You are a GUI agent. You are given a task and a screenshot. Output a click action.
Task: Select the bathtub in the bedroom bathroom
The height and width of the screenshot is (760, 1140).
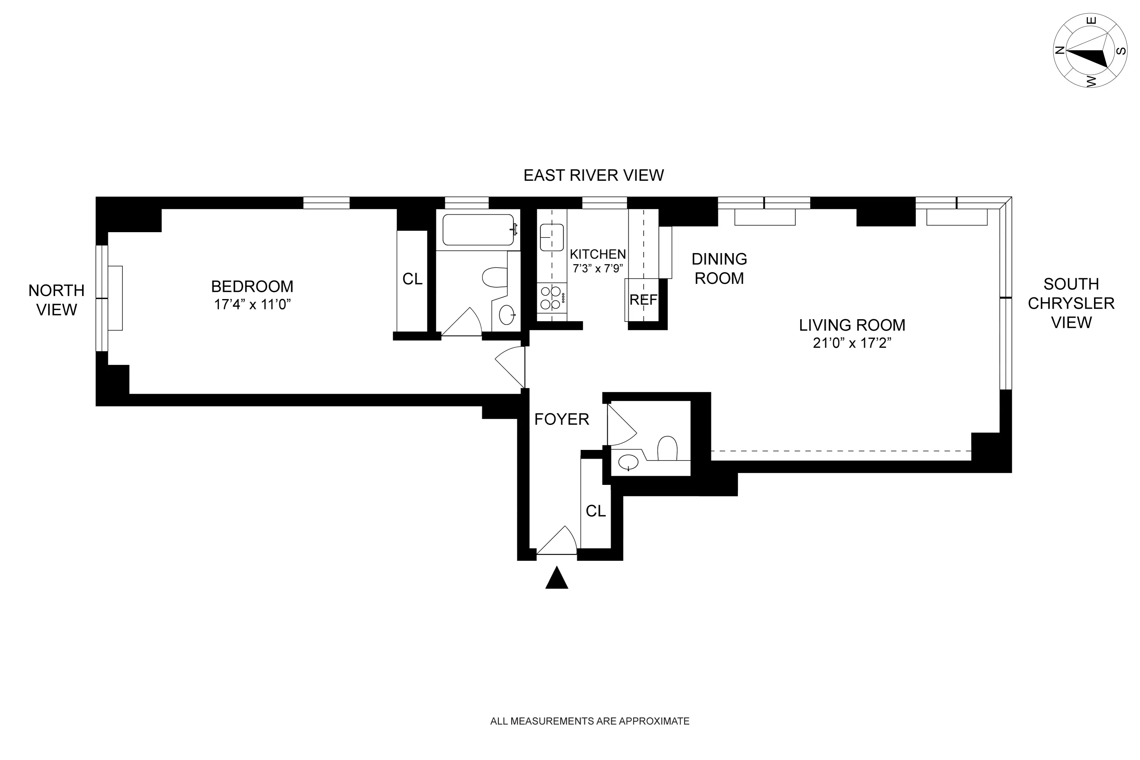[x=478, y=230]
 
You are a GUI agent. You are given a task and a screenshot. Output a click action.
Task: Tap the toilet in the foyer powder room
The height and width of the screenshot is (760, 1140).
[x=667, y=448]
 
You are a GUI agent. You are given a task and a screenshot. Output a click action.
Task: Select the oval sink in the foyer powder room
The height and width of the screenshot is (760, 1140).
[x=628, y=463]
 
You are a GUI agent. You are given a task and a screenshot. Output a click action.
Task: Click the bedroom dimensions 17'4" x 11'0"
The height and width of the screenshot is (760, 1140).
[x=252, y=304]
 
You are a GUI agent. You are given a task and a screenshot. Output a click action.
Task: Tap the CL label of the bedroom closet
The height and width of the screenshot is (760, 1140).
[x=412, y=279]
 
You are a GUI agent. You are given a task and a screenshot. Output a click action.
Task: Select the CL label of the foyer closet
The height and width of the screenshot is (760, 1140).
[x=595, y=511]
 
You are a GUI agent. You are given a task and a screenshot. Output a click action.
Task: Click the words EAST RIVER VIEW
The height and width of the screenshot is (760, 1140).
[x=593, y=175]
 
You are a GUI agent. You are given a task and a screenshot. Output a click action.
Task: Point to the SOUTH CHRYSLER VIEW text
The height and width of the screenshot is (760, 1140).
[x=1071, y=303]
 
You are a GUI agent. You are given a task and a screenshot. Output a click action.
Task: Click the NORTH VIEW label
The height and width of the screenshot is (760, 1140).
[x=56, y=300]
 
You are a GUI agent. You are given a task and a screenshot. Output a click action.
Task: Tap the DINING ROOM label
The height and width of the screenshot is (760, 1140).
[x=719, y=269]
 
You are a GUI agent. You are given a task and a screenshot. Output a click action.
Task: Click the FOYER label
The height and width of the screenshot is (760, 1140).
[x=561, y=419]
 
